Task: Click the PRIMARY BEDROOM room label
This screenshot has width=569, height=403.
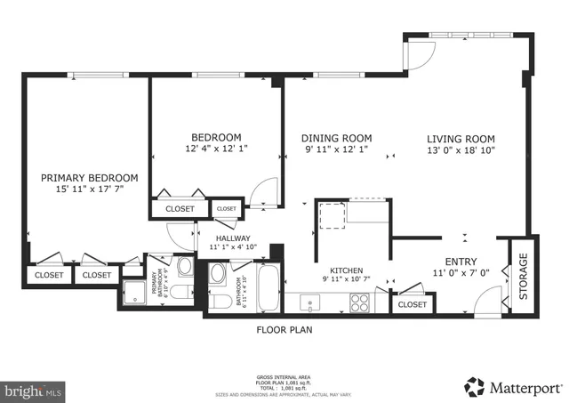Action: (90, 178)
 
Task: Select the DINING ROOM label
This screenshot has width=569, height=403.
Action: (336, 138)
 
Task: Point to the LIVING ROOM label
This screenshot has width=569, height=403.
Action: (460, 138)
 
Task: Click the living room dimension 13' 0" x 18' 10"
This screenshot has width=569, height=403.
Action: (460, 150)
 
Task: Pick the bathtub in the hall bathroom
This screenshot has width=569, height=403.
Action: (266, 289)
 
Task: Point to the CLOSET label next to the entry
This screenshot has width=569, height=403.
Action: (412, 305)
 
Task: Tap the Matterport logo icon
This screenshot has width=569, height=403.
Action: (474, 386)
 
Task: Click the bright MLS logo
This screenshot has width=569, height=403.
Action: (34, 389)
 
